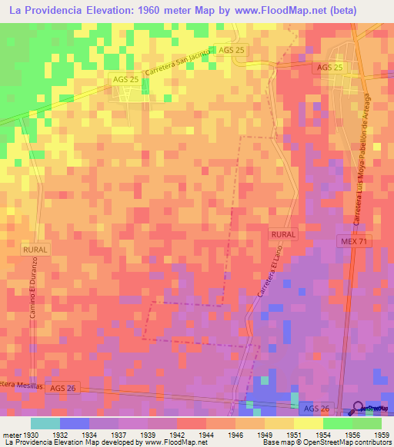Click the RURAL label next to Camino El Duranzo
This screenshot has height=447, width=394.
(x=35, y=250)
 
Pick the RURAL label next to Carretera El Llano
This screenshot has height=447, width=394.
(x=283, y=233)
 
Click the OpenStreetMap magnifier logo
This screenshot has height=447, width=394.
(x=359, y=409)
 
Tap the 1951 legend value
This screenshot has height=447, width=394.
(x=283, y=434)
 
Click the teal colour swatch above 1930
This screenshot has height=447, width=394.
(x=45, y=423)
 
